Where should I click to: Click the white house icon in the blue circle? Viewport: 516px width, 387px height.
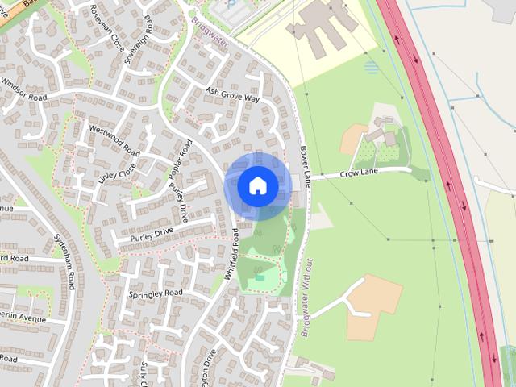[x=257, y=186]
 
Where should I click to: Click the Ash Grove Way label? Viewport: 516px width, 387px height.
[x=232, y=94]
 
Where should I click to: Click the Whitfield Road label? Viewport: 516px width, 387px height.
[x=233, y=253]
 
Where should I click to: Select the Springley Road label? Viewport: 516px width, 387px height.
[x=156, y=293]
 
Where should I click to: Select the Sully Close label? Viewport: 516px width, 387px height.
[x=143, y=373]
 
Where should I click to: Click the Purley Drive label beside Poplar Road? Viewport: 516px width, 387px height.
[x=178, y=202]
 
